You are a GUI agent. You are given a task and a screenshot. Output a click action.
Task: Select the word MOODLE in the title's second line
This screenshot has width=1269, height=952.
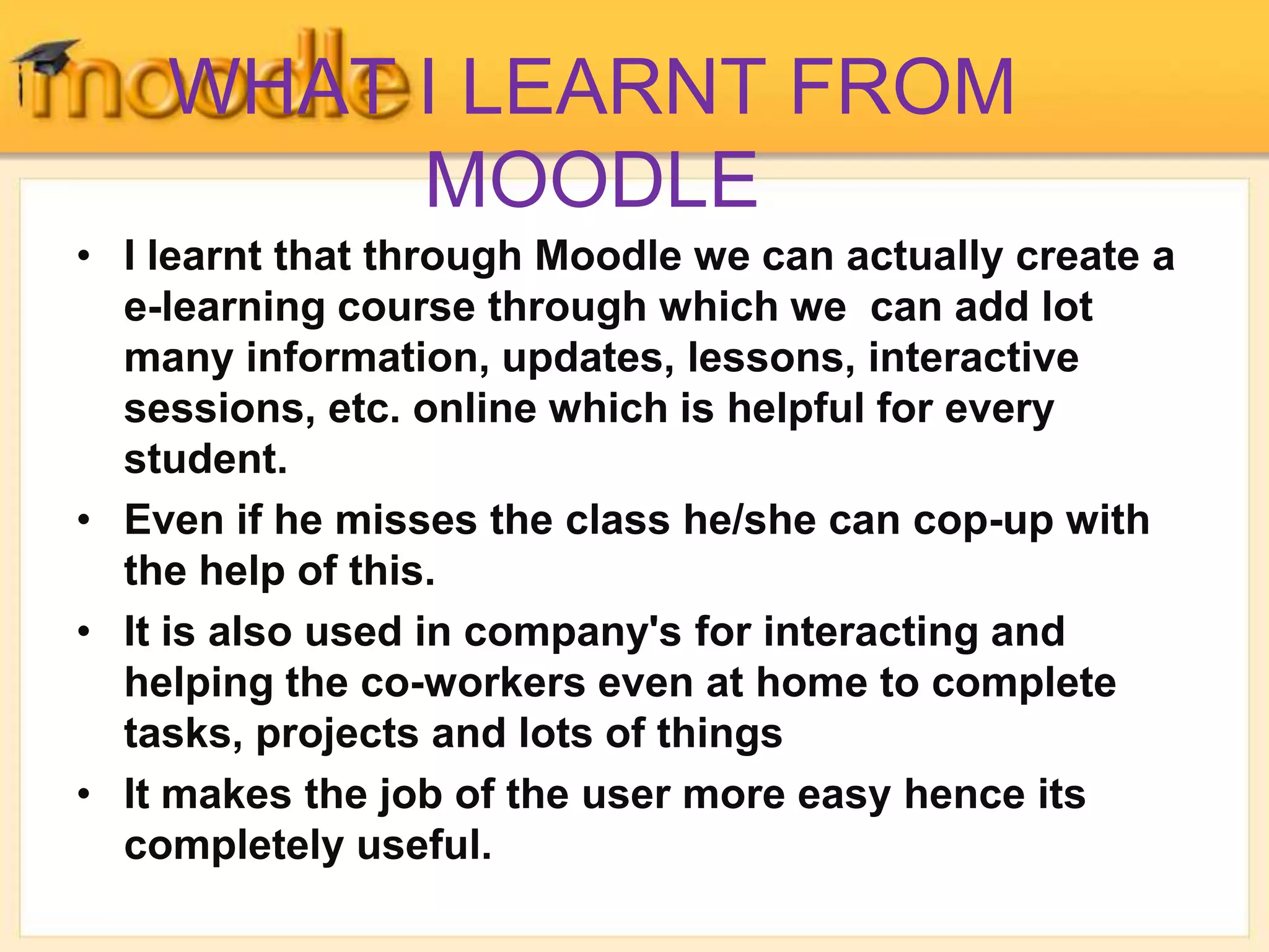click(x=592, y=180)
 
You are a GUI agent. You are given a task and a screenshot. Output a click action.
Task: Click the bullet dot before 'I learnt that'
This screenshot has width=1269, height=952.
click(x=84, y=256)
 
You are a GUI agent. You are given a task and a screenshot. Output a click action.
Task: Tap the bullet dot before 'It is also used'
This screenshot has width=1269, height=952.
click(x=84, y=632)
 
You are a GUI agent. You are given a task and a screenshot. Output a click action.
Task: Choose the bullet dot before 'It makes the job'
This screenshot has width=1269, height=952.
click(x=84, y=795)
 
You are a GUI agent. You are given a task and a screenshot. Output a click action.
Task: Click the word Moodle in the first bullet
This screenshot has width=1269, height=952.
click(x=608, y=256)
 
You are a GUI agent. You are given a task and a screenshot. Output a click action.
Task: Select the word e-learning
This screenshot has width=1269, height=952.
click(x=224, y=308)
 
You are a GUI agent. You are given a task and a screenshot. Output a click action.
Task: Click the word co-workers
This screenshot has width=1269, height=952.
click(x=473, y=683)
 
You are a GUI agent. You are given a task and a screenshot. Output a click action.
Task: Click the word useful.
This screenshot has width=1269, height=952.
click(x=424, y=845)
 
